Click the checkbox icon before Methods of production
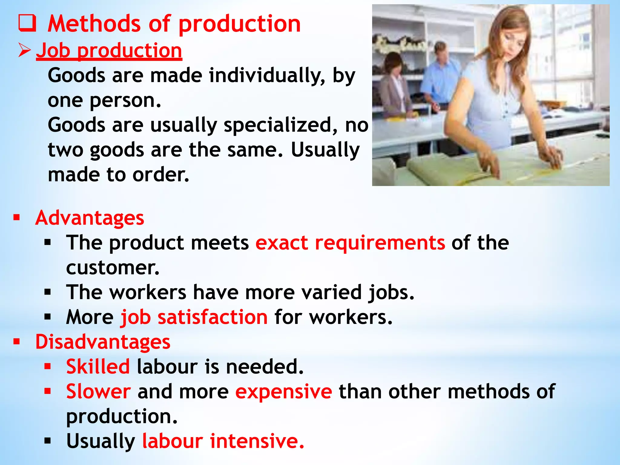27,23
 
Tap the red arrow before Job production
24,50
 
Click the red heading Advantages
90,218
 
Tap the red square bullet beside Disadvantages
17,342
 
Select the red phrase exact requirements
350,243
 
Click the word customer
113,268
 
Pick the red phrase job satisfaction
194,317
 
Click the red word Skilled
98,367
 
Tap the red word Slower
99,391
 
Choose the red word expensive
284,391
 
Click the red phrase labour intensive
223,441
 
